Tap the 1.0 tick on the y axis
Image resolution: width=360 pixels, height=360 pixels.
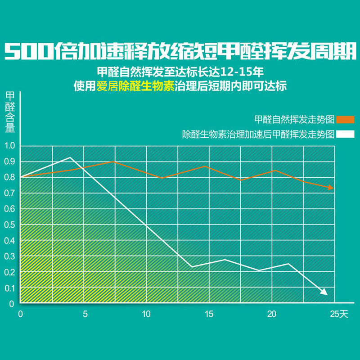10,146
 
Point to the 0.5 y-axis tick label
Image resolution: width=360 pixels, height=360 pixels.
10,225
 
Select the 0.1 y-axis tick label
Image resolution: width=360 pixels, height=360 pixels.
10,288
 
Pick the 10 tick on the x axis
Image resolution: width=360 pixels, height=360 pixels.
146,314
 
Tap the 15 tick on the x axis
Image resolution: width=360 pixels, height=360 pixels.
209,314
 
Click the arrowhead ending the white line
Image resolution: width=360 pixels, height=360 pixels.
324,292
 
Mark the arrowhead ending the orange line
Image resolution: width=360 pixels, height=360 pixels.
331,187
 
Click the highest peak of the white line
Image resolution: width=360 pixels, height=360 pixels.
70,157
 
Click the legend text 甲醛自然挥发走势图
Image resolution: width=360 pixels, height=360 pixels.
294,120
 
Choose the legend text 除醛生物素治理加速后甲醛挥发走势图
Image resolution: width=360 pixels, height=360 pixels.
258,134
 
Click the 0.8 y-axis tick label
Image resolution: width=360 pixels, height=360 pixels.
10,177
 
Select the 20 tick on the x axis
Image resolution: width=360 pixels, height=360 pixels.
271,314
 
